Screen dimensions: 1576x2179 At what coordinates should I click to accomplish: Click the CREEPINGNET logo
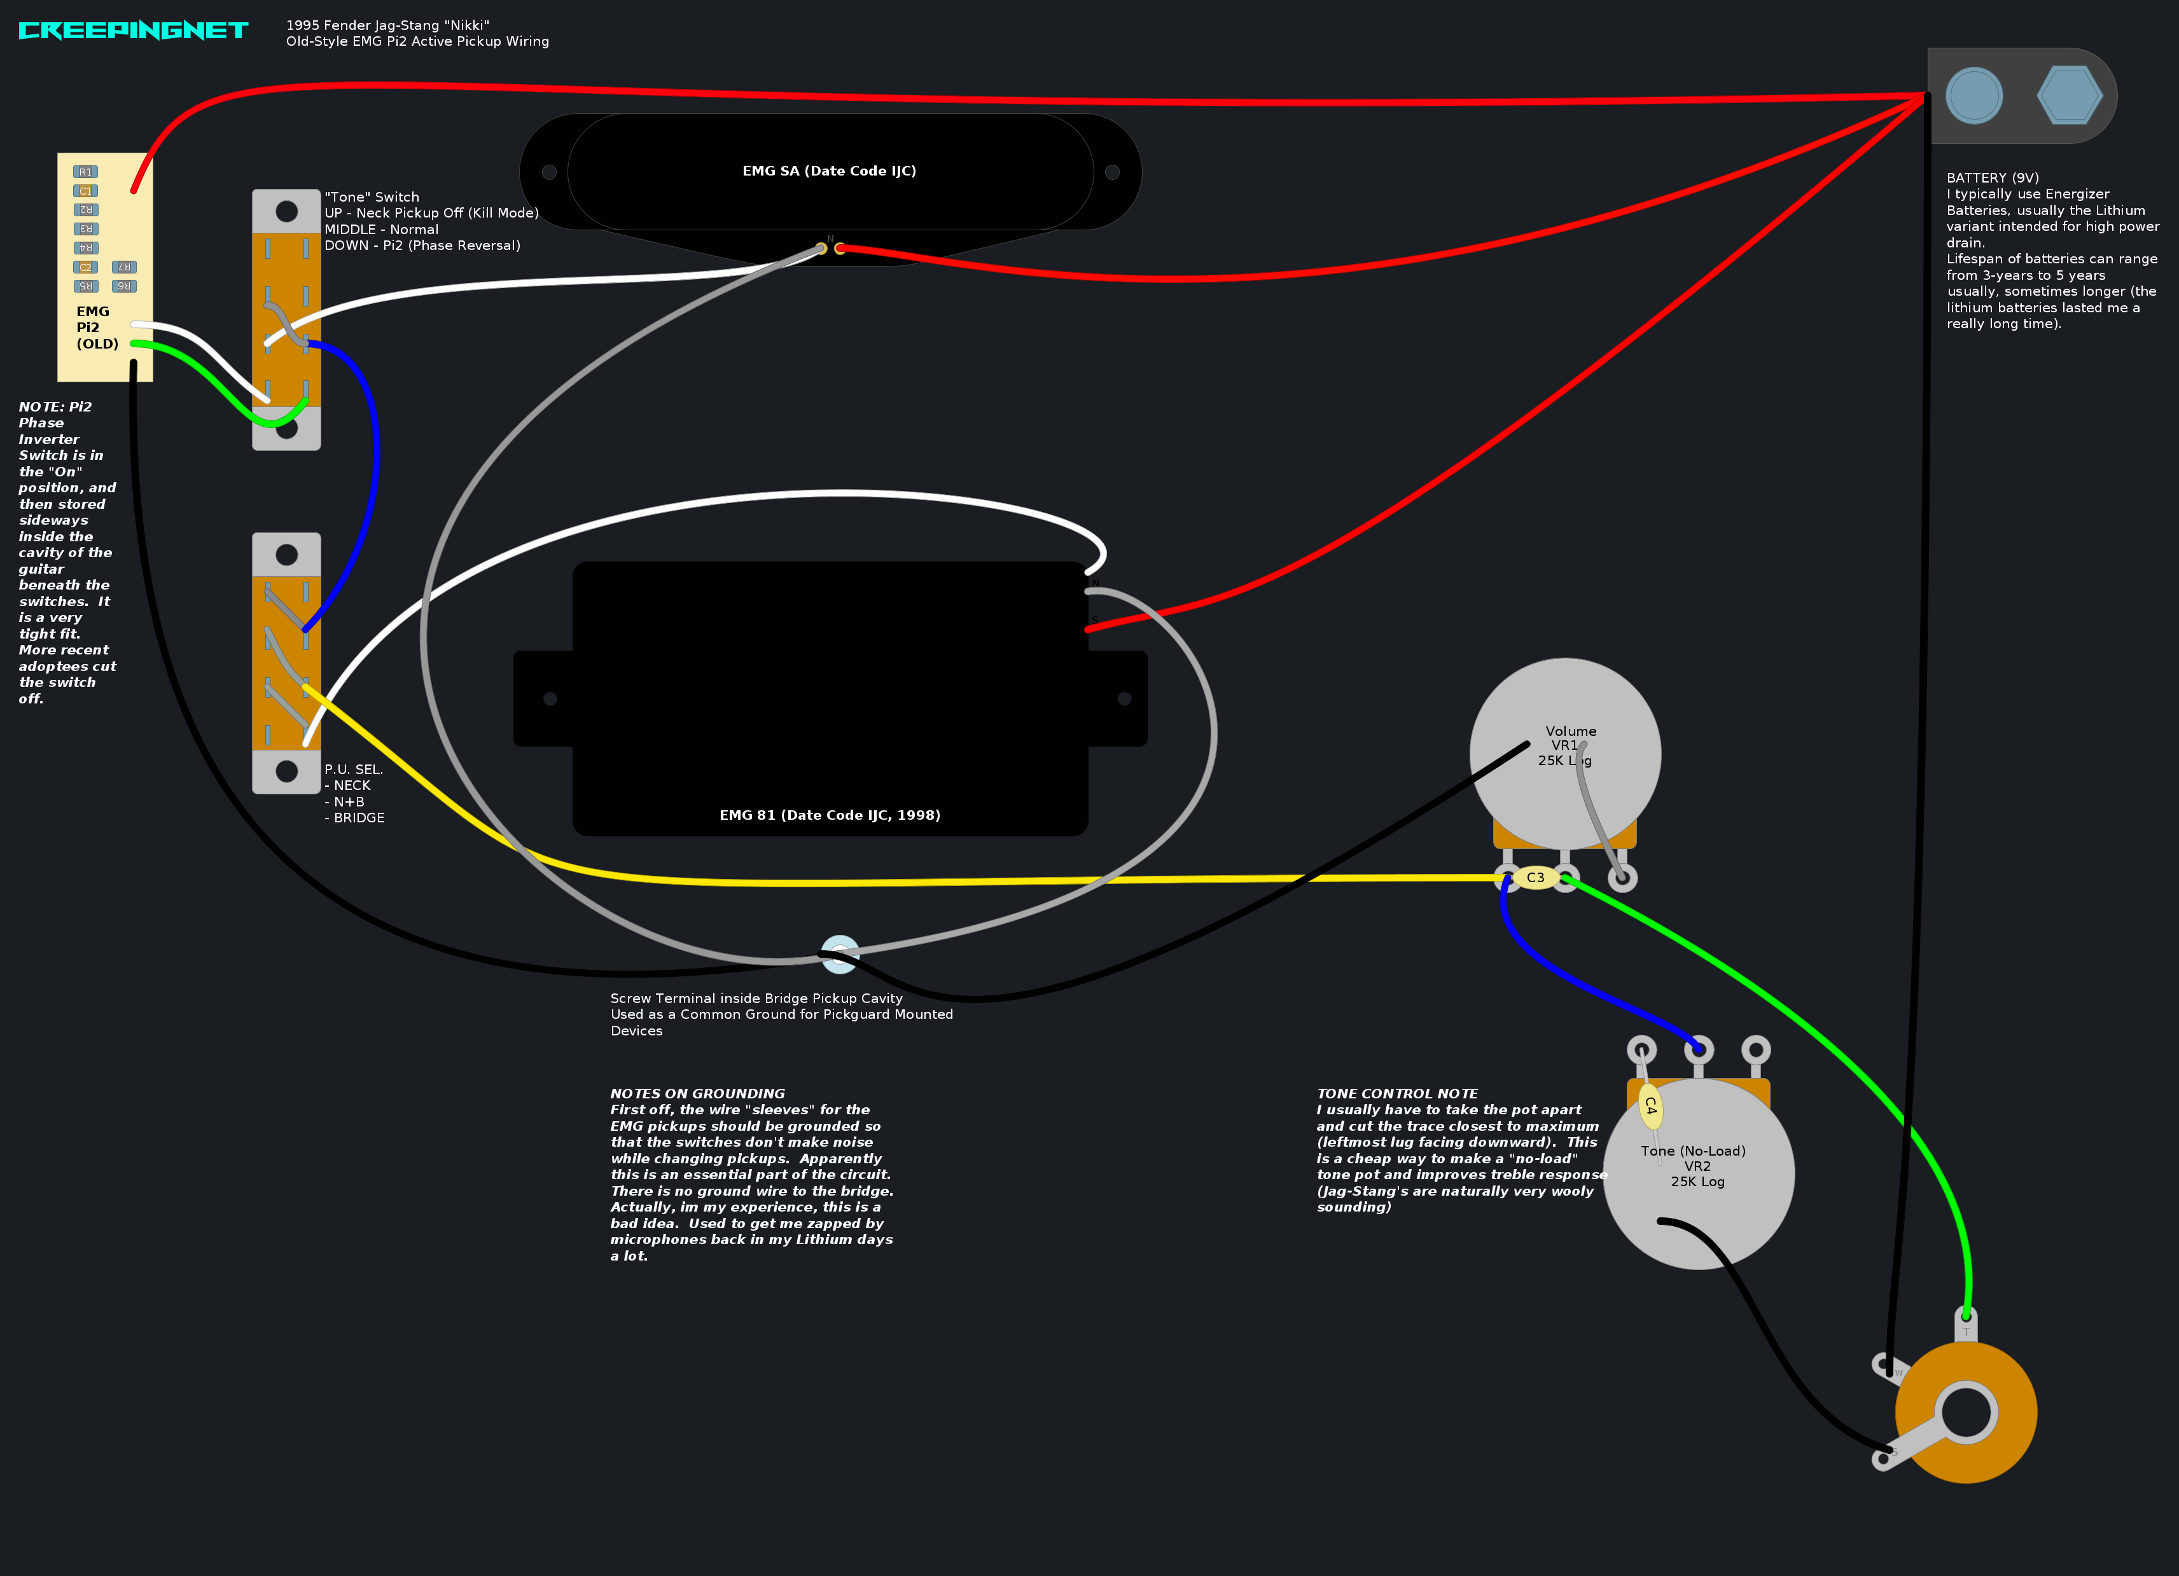(134, 31)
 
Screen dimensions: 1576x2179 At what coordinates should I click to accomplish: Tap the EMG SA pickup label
(829, 171)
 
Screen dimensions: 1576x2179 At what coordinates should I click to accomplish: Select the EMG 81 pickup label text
(829, 815)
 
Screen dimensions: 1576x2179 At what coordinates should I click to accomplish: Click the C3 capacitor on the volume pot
(1535, 878)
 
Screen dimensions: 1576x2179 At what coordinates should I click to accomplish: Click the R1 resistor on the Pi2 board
(85, 172)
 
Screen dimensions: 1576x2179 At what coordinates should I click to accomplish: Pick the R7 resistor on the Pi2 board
(124, 267)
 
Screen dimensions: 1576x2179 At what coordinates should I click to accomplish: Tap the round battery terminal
(1974, 95)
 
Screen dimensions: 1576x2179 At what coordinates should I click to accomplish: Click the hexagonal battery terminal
(2070, 95)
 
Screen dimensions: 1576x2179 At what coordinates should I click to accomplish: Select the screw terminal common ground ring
(840, 953)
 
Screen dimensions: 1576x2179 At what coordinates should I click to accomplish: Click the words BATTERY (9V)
(1993, 177)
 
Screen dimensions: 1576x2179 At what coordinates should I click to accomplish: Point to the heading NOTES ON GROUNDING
(697, 1094)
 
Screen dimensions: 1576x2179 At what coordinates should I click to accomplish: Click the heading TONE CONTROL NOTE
(1397, 1094)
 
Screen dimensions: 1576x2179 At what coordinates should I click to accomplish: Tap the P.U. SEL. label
(354, 770)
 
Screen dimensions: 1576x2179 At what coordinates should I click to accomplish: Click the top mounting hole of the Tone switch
(286, 211)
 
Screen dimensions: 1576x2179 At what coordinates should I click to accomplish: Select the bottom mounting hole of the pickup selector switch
(286, 770)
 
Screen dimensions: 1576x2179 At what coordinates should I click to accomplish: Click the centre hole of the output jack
(1966, 1412)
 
